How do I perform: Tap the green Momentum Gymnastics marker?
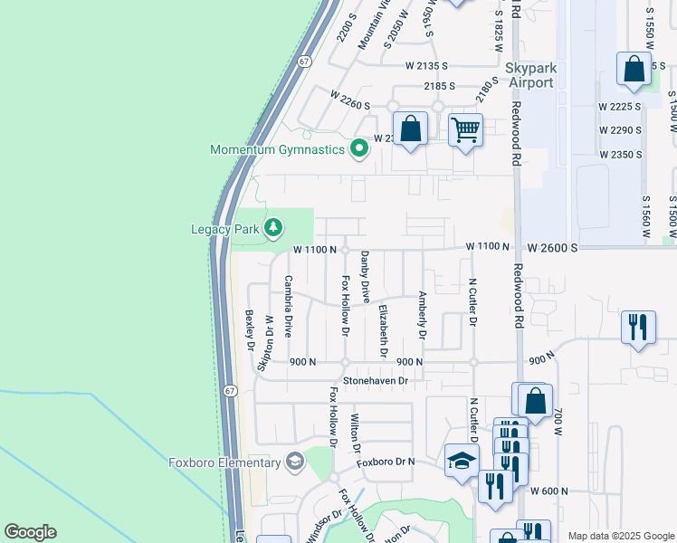coord(359,149)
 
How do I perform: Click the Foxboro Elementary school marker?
coord(294,463)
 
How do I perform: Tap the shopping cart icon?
coord(465,130)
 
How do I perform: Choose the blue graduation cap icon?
coord(462,460)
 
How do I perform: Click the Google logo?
coord(30,532)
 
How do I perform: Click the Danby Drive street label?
coord(366,278)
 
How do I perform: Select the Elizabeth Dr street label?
coord(383,331)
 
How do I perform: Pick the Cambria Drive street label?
coord(289,306)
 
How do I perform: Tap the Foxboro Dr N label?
coord(385,462)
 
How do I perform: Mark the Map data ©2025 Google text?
coord(620,536)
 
